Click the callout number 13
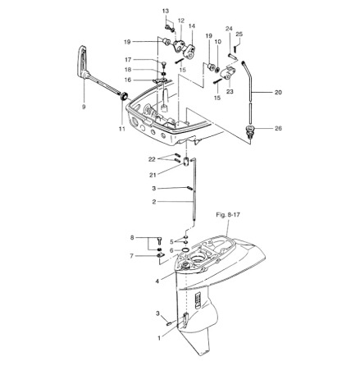pos(165,11)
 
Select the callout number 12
pos(180,21)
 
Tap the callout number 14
pos(192,26)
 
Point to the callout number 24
pos(229,29)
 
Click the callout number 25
pos(239,34)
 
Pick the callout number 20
pos(277,93)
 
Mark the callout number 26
pos(278,128)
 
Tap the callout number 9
pos(84,107)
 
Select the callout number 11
pos(121,129)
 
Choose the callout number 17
pos(128,60)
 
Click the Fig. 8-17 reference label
pos(227,215)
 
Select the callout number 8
pos(131,237)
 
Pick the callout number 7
pos(131,256)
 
